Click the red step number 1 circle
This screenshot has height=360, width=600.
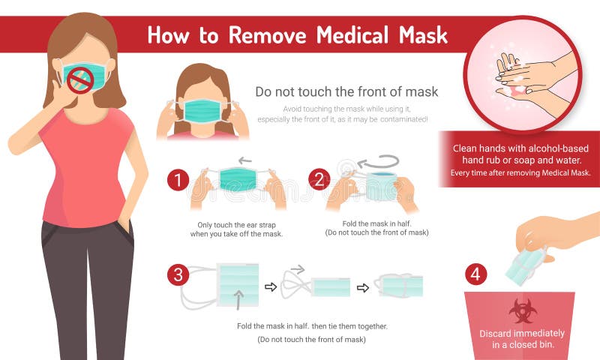(x=178, y=180)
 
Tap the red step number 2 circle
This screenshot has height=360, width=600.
(x=319, y=180)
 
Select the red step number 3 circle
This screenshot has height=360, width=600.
(x=178, y=274)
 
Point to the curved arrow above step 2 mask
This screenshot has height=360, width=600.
(x=378, y=163)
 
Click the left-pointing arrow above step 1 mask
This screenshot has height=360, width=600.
(x=244, y=160)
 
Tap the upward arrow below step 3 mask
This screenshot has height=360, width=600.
(x=238, y=300)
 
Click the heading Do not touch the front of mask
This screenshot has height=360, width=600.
(x=346, y=92)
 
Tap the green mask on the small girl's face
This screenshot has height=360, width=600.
(x=202, y=111)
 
